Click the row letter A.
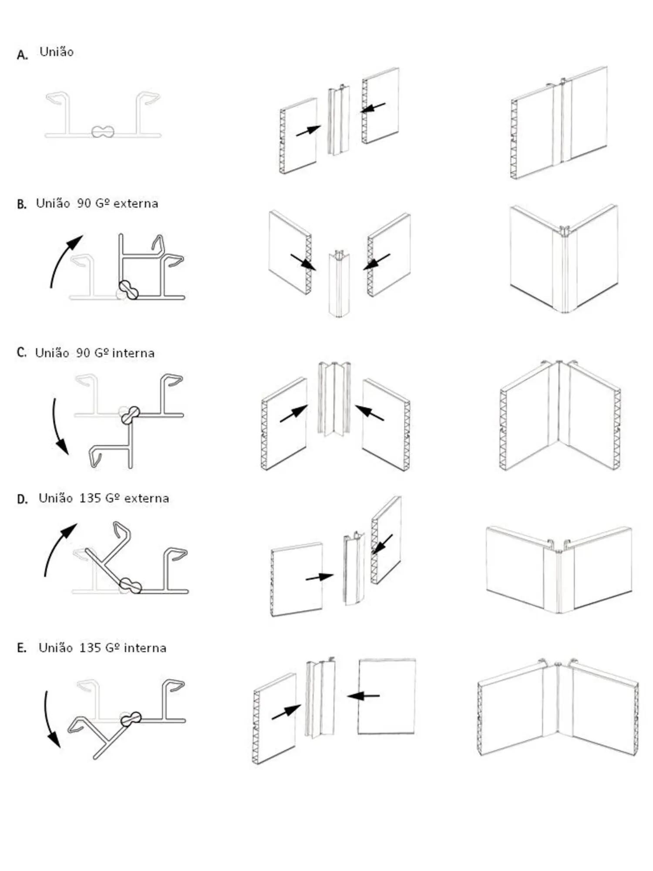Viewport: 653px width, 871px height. pos(22,55)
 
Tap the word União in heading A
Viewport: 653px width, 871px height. pos(57,52)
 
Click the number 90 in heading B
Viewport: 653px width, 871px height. pos(84,203)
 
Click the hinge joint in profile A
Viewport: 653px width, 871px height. pos(103,132)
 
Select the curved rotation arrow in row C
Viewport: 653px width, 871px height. pos(58,427)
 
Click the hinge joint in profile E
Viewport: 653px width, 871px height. pos(131,719)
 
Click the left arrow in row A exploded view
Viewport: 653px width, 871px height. pos(308,130)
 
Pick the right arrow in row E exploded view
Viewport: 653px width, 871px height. pos(364,696)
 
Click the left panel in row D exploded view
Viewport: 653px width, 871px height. pos(296,579)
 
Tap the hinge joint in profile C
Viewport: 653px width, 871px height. pos(130,415)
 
